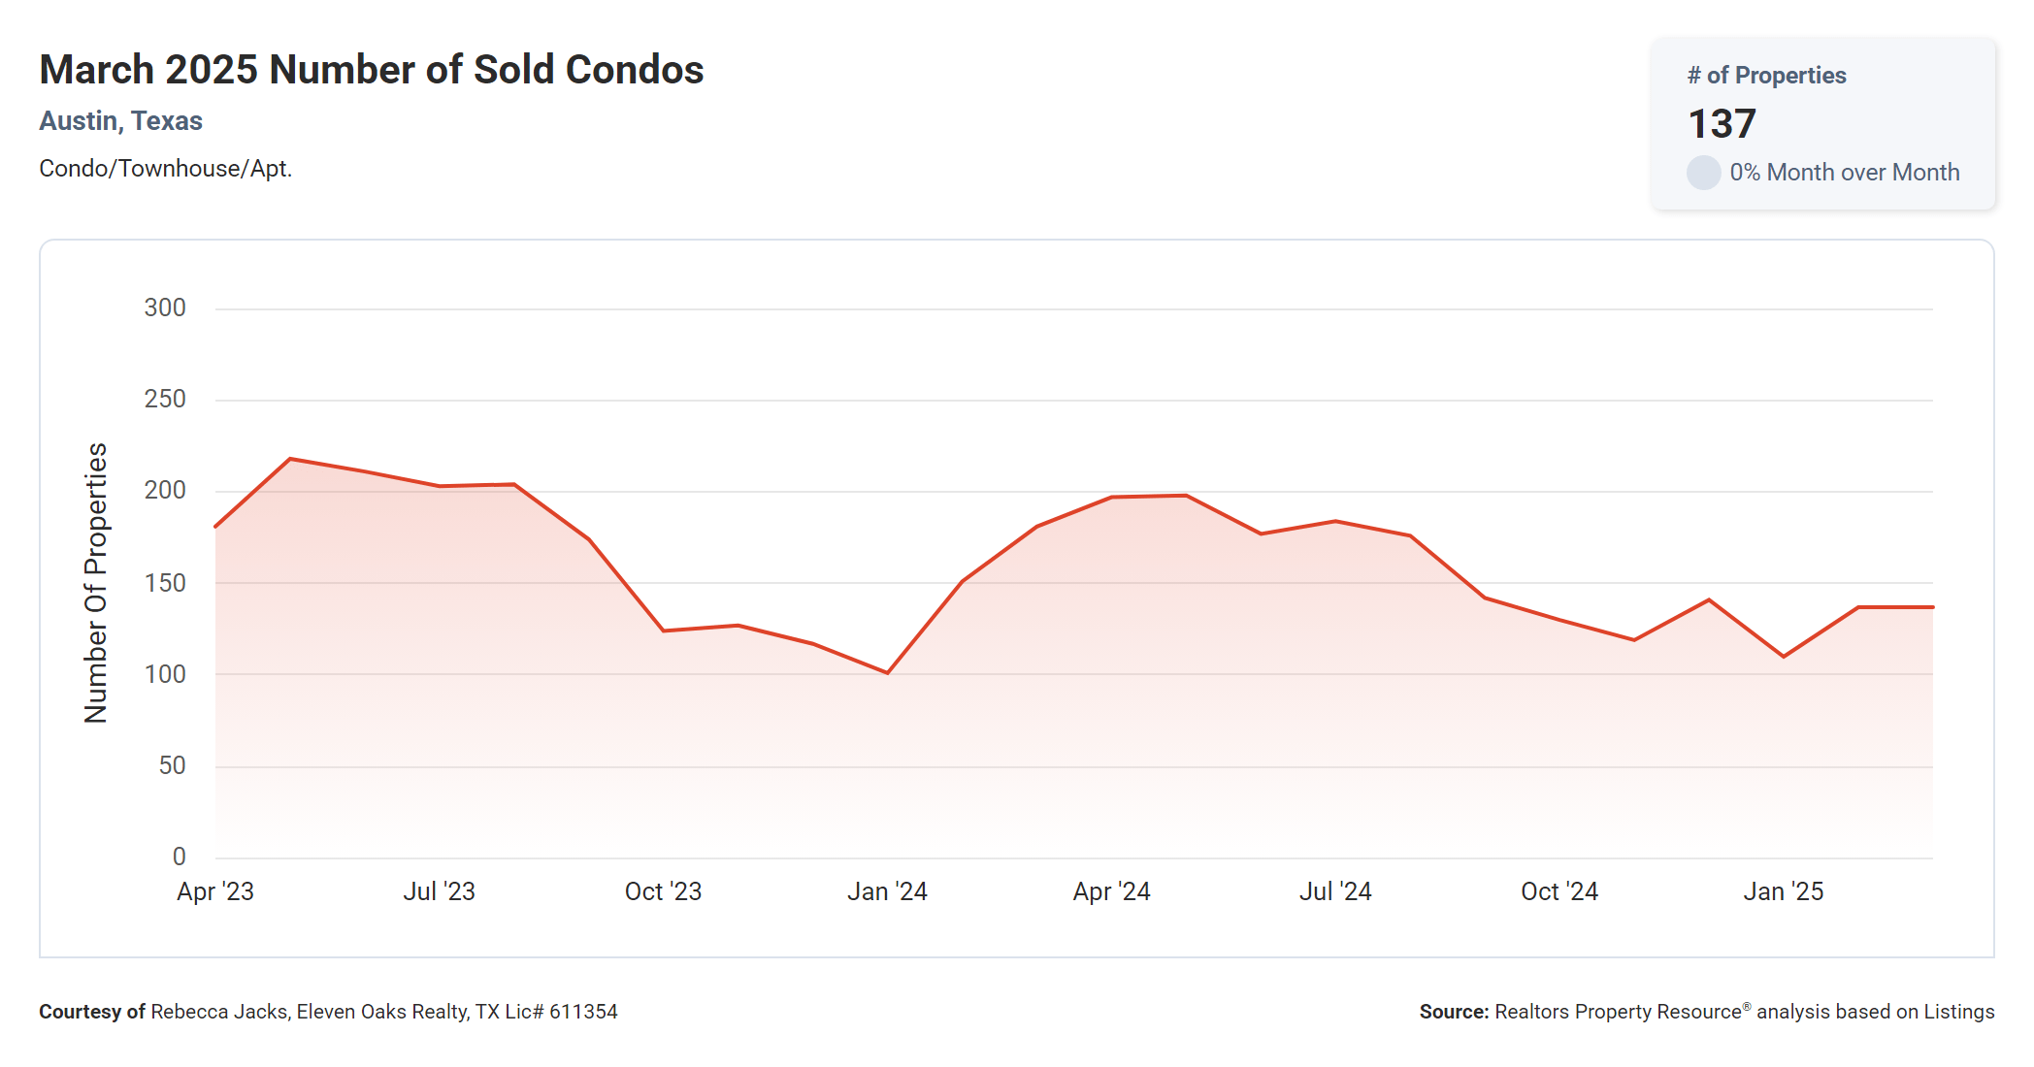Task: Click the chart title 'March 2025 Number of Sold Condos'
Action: click(x=371, y=70)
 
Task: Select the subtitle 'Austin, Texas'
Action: click(x=120, y=121)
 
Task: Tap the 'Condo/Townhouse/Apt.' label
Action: click(x=165, y=169)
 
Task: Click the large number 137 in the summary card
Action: click(x=1722, y=123)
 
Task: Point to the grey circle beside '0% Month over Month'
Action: click(x=1703, y=173)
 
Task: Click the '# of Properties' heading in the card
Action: click(x=1766, y=76)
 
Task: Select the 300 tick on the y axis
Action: click(x=165, y=308)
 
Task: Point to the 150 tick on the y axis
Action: click(x=165, y=583)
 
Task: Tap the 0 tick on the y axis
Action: click(x=180, y=857)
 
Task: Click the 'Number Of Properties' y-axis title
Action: click(x=96, y=583)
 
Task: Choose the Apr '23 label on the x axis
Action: click(x=215, y=891)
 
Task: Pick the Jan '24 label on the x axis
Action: click(x=887, y=891)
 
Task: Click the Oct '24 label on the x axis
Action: click(x=1558, y=891)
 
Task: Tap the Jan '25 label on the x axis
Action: click(x=1783, y=891)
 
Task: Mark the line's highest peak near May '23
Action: click(x=290, y=459)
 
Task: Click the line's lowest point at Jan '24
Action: click(x=887, y=672)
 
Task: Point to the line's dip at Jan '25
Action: click(x=1784, y=657)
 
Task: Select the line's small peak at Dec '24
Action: click(x=1709, y=599)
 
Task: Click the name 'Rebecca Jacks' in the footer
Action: click(x=218, y=1012)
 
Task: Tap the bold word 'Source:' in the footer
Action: click(x=1454, y=1012)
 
